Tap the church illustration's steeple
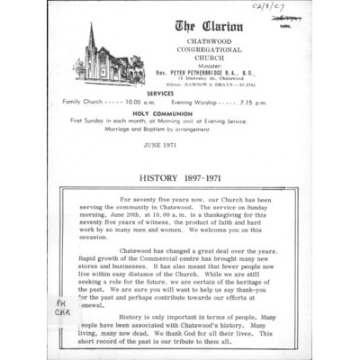pyautogui.click(x=91, y=36)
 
